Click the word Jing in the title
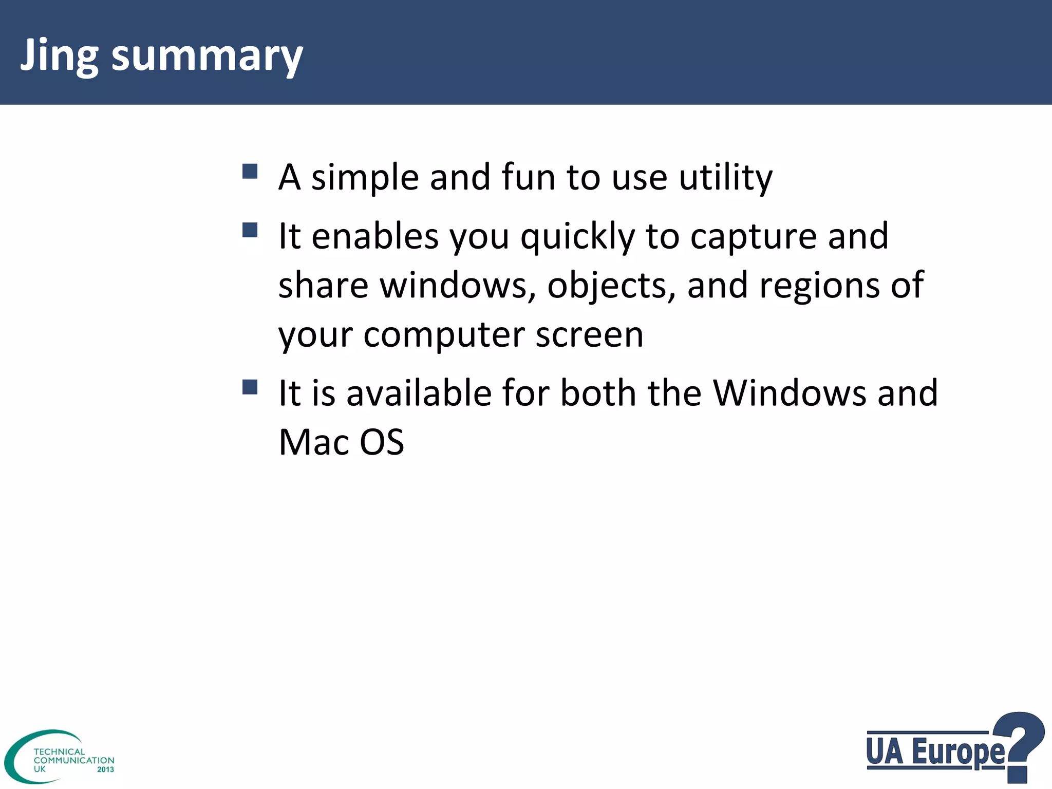[x=59, y=55]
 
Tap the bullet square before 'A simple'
[x=250, y=171]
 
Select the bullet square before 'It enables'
[x=250, y=230]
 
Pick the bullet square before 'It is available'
[x=250, y=387]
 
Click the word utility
[x=725, y=178]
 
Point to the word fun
[x=528, y=177]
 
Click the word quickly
[x=578, y=237]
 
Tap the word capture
[x=753, y=237]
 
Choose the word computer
[x=444, y=335]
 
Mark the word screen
[x=589, y=335]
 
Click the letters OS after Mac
[x=382, y=442]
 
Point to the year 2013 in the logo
[x=105, y=769]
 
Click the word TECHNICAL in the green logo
[x=59, y=752]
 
